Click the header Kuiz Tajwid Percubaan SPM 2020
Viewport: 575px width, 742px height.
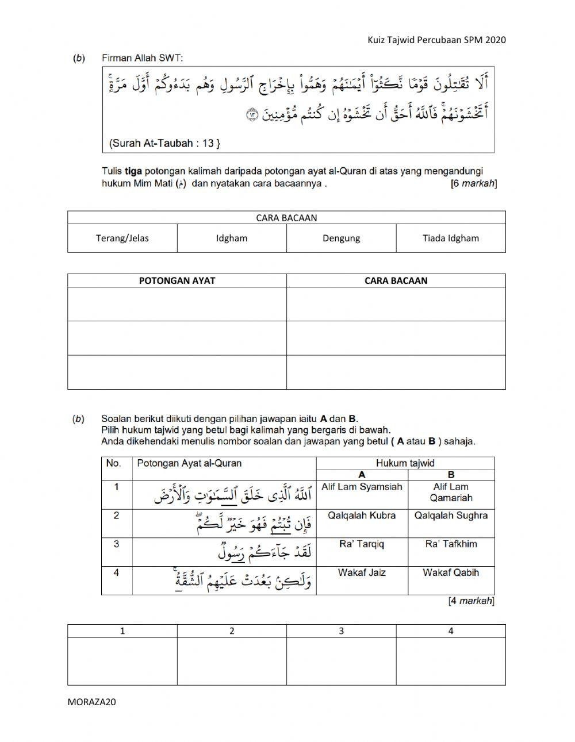coord(436,40)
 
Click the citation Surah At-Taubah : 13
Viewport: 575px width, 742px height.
coord(164,143)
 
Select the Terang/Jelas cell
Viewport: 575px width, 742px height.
coord(122,238)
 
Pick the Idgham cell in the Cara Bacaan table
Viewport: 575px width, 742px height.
coord(232,238)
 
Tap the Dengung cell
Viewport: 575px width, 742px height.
coord(341,238)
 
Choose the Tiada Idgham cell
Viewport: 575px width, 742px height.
coord(450,238)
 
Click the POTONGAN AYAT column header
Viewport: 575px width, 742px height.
coord(177,280)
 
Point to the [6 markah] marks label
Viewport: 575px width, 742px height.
coord(473,184)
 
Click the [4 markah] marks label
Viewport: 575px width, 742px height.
coord(471,601)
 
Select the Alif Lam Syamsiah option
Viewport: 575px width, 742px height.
coord(362,487)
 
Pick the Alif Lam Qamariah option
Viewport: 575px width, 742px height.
coord(451,493)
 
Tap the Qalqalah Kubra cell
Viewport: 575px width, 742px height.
coord(362,516)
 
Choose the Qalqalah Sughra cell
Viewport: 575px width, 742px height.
coord(451,516)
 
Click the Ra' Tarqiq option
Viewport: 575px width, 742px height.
coord(362,544)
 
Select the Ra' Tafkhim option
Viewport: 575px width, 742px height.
coord(451,544)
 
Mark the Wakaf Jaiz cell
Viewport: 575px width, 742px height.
coord(362,572)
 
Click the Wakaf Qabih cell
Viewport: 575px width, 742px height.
coord(451,572)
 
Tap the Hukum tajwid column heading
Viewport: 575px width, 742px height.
coord(405,463)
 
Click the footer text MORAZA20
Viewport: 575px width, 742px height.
coord(91,701)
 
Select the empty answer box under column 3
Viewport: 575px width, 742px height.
coord(341,661)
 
